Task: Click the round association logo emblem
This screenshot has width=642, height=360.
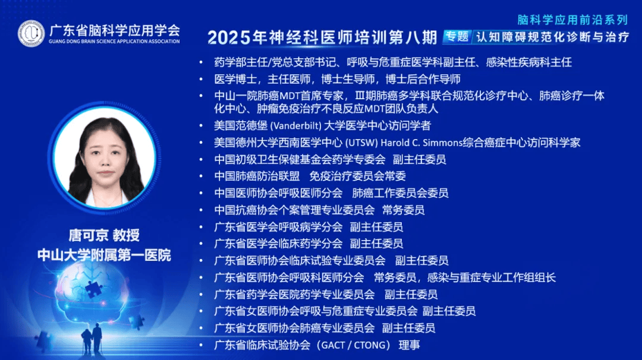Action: tap(31, 33)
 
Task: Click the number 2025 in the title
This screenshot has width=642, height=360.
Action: tap(229, 37)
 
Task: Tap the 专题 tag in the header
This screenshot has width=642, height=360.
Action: tap(457, 37)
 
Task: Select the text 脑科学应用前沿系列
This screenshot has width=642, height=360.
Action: tap(572, 20)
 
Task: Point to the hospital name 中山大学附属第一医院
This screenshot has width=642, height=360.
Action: tap(105, 255)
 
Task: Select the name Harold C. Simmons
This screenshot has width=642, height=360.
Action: tap(421, 143)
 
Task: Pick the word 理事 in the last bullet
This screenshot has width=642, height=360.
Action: tap(410, 345)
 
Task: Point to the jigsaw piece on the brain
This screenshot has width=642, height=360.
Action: tap(94, 288)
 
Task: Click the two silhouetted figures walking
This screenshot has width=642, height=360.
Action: tap(92, 339)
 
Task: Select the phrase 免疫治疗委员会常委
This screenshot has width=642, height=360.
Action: tap(357, 176)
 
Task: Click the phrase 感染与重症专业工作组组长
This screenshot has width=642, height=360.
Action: tap(492, 278)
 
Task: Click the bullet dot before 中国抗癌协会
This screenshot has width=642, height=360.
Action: tap(201, 210)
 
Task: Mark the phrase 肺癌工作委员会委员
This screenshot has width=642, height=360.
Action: tap(400, 193)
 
